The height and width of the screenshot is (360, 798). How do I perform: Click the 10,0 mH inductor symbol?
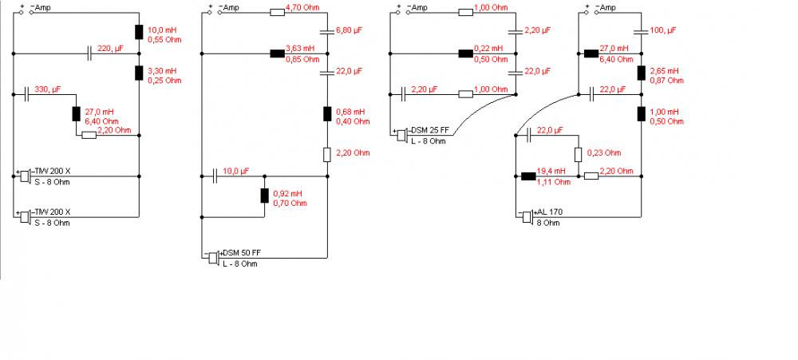click(139, 33)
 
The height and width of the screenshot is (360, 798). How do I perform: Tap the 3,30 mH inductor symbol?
click(139, 73)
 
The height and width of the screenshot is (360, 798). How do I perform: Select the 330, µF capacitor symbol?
click(27, 94)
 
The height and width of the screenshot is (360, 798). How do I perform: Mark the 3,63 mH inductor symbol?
click(278, 53)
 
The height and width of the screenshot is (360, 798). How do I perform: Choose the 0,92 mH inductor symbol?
click(265, 196)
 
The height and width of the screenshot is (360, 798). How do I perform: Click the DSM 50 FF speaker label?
click(239, 253)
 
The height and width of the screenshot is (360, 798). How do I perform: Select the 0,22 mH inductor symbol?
click(466, 53)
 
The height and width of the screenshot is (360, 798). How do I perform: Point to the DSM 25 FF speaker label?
click(432, 130)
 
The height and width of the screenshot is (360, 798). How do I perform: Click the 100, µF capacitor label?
click(665, 29)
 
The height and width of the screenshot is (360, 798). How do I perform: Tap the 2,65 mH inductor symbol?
click(641, 73)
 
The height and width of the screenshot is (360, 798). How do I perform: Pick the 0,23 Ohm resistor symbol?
click(579, 154)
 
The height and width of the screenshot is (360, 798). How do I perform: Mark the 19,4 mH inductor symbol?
click(528, 176)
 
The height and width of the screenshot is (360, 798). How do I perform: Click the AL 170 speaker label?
click(551, 212)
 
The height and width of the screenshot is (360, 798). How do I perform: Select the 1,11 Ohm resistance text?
click(557, 181)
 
